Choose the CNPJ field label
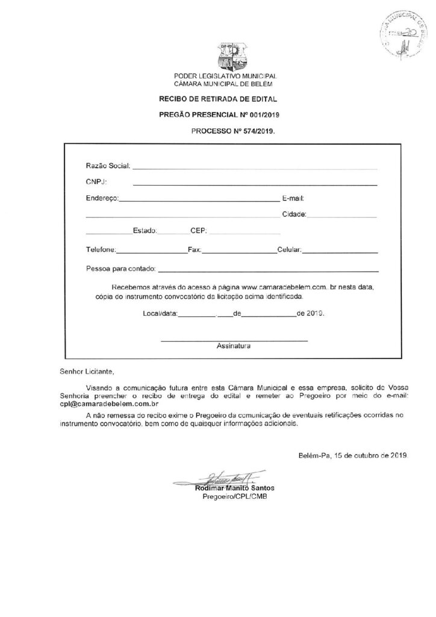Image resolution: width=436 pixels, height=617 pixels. tap(96, 181)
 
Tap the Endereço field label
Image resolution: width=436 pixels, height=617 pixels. tap(102, 197)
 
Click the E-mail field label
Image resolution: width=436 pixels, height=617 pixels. tap(295, 197)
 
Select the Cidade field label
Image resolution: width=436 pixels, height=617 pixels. tap(294, 213)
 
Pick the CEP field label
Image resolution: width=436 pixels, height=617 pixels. tap(199, 230)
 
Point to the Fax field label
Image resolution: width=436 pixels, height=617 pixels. tap(194, 248)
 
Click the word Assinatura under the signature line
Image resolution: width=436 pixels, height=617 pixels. tap(234, 346)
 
